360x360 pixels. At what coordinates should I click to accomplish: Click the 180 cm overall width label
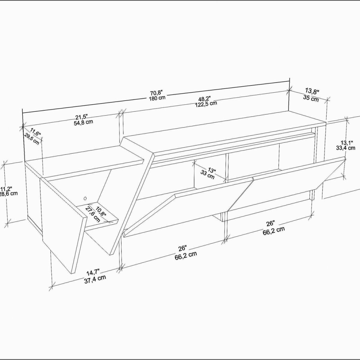(157, 98)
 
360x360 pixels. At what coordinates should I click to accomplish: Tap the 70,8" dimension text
(157, 93)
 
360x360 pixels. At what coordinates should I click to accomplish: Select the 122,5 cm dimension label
(206, 103)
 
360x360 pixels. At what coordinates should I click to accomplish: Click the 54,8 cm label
(83, 123)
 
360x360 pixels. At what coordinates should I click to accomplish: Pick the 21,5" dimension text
(82, 117)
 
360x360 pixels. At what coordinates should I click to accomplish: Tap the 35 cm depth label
(311, 98)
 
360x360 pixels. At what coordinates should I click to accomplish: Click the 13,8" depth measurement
(312, 91)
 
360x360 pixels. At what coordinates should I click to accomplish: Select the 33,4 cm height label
(346, 148)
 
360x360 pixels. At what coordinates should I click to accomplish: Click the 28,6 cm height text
(9, 193)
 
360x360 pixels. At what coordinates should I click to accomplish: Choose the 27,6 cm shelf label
(93, 214)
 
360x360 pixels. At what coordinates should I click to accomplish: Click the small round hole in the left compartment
(85, 198)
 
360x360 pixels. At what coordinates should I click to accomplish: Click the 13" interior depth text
(212, 170)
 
